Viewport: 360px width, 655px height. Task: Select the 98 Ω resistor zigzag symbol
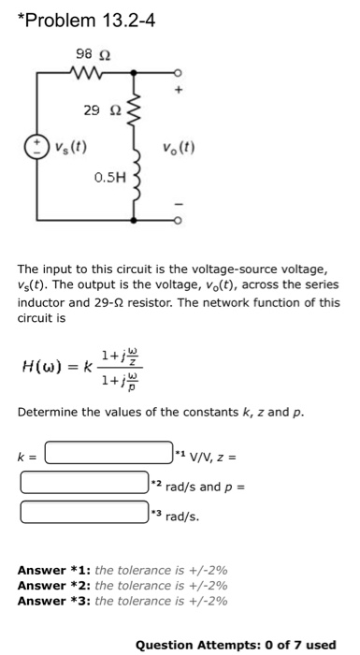94,70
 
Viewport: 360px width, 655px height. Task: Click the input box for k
109,457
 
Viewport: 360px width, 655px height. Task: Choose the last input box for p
84,513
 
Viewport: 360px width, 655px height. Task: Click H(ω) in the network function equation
46,366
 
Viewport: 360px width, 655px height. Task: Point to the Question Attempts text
235,644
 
